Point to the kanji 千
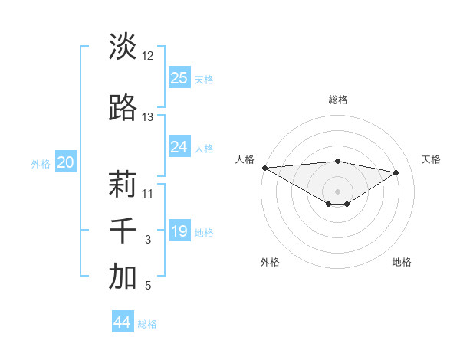click(x=123, y=231)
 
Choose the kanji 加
click(x=123, y=277)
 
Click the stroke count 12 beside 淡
click(x=148, y=56)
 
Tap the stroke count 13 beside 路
click(x=148, y=117)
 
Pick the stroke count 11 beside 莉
click(x=148, y=193)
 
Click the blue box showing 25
click(x=179, y=78)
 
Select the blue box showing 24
click(x=179, y=147)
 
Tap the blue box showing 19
click(x=179, y=231)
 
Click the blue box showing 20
click(x=66, y=162)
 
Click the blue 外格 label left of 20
click(x=41, y=163)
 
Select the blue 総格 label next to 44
click(x=147, y=324)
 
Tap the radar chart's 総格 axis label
click(x=337, y=100)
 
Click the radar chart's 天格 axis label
click(x=432, y=159)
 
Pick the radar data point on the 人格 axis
click(x=264, y=168)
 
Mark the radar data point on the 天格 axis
click(x=396, y=172)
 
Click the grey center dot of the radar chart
click(x=337, y=190)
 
